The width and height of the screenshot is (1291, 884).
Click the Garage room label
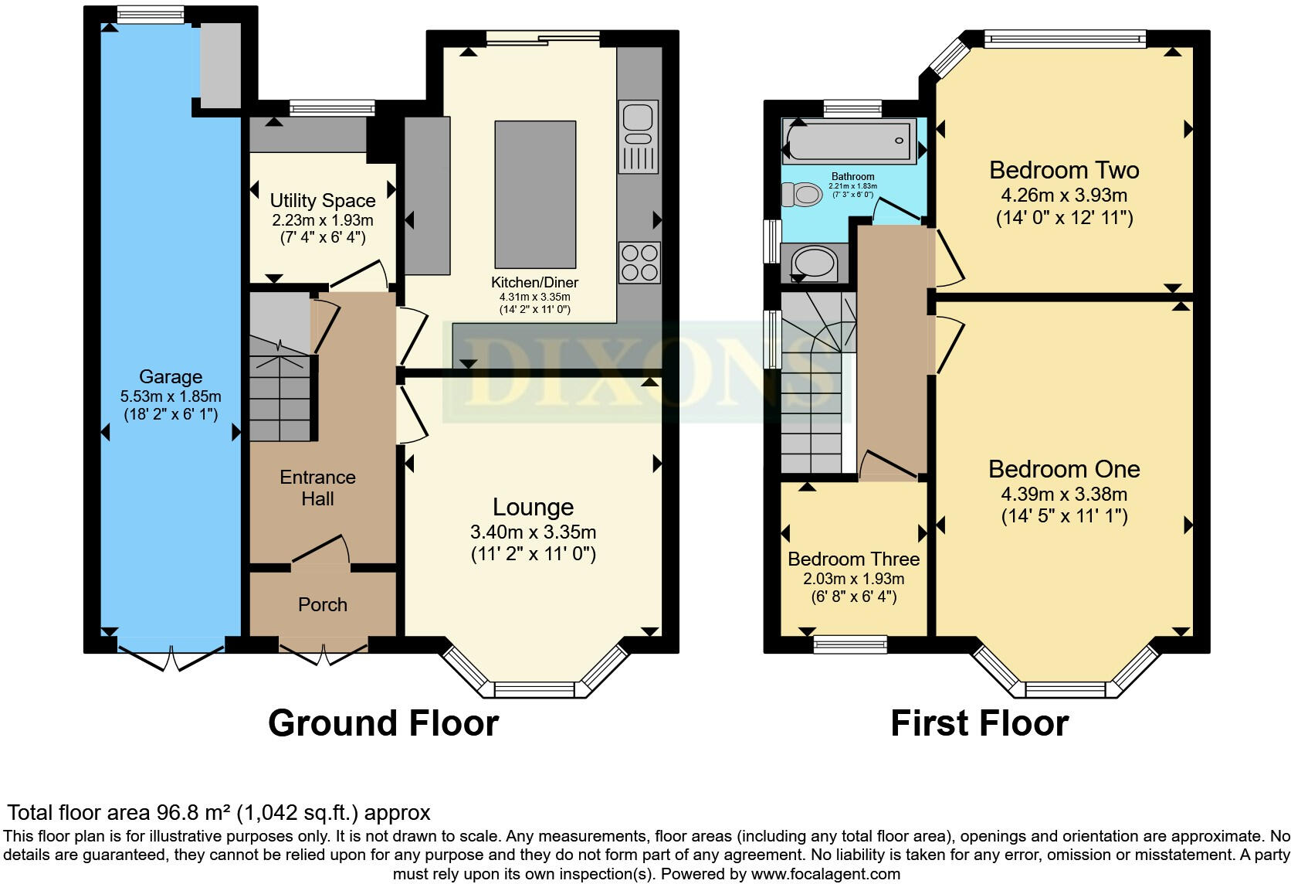pos(170,377)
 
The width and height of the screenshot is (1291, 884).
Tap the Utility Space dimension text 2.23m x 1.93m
pos(322,220)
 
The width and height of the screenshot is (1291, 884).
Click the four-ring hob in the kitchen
pos(639,262)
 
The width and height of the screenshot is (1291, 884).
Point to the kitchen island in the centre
pos(535,194)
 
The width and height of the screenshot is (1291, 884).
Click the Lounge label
pos(533,507)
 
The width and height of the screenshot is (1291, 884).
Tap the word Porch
pos(322,604)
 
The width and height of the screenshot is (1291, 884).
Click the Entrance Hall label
pos(317,488)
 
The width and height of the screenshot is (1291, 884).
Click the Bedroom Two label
pos(1063,170)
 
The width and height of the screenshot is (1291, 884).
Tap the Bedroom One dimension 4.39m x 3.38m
pos(1063,495)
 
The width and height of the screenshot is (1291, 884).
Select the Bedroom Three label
pos(853,559)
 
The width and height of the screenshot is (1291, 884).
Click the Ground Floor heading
pos(383,723)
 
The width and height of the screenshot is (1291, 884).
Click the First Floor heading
pos(979,723)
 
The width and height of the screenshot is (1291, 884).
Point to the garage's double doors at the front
pos(171,658)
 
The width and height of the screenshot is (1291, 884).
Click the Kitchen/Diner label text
pos(534,283)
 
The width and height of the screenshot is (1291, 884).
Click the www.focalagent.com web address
pos(825,874)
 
